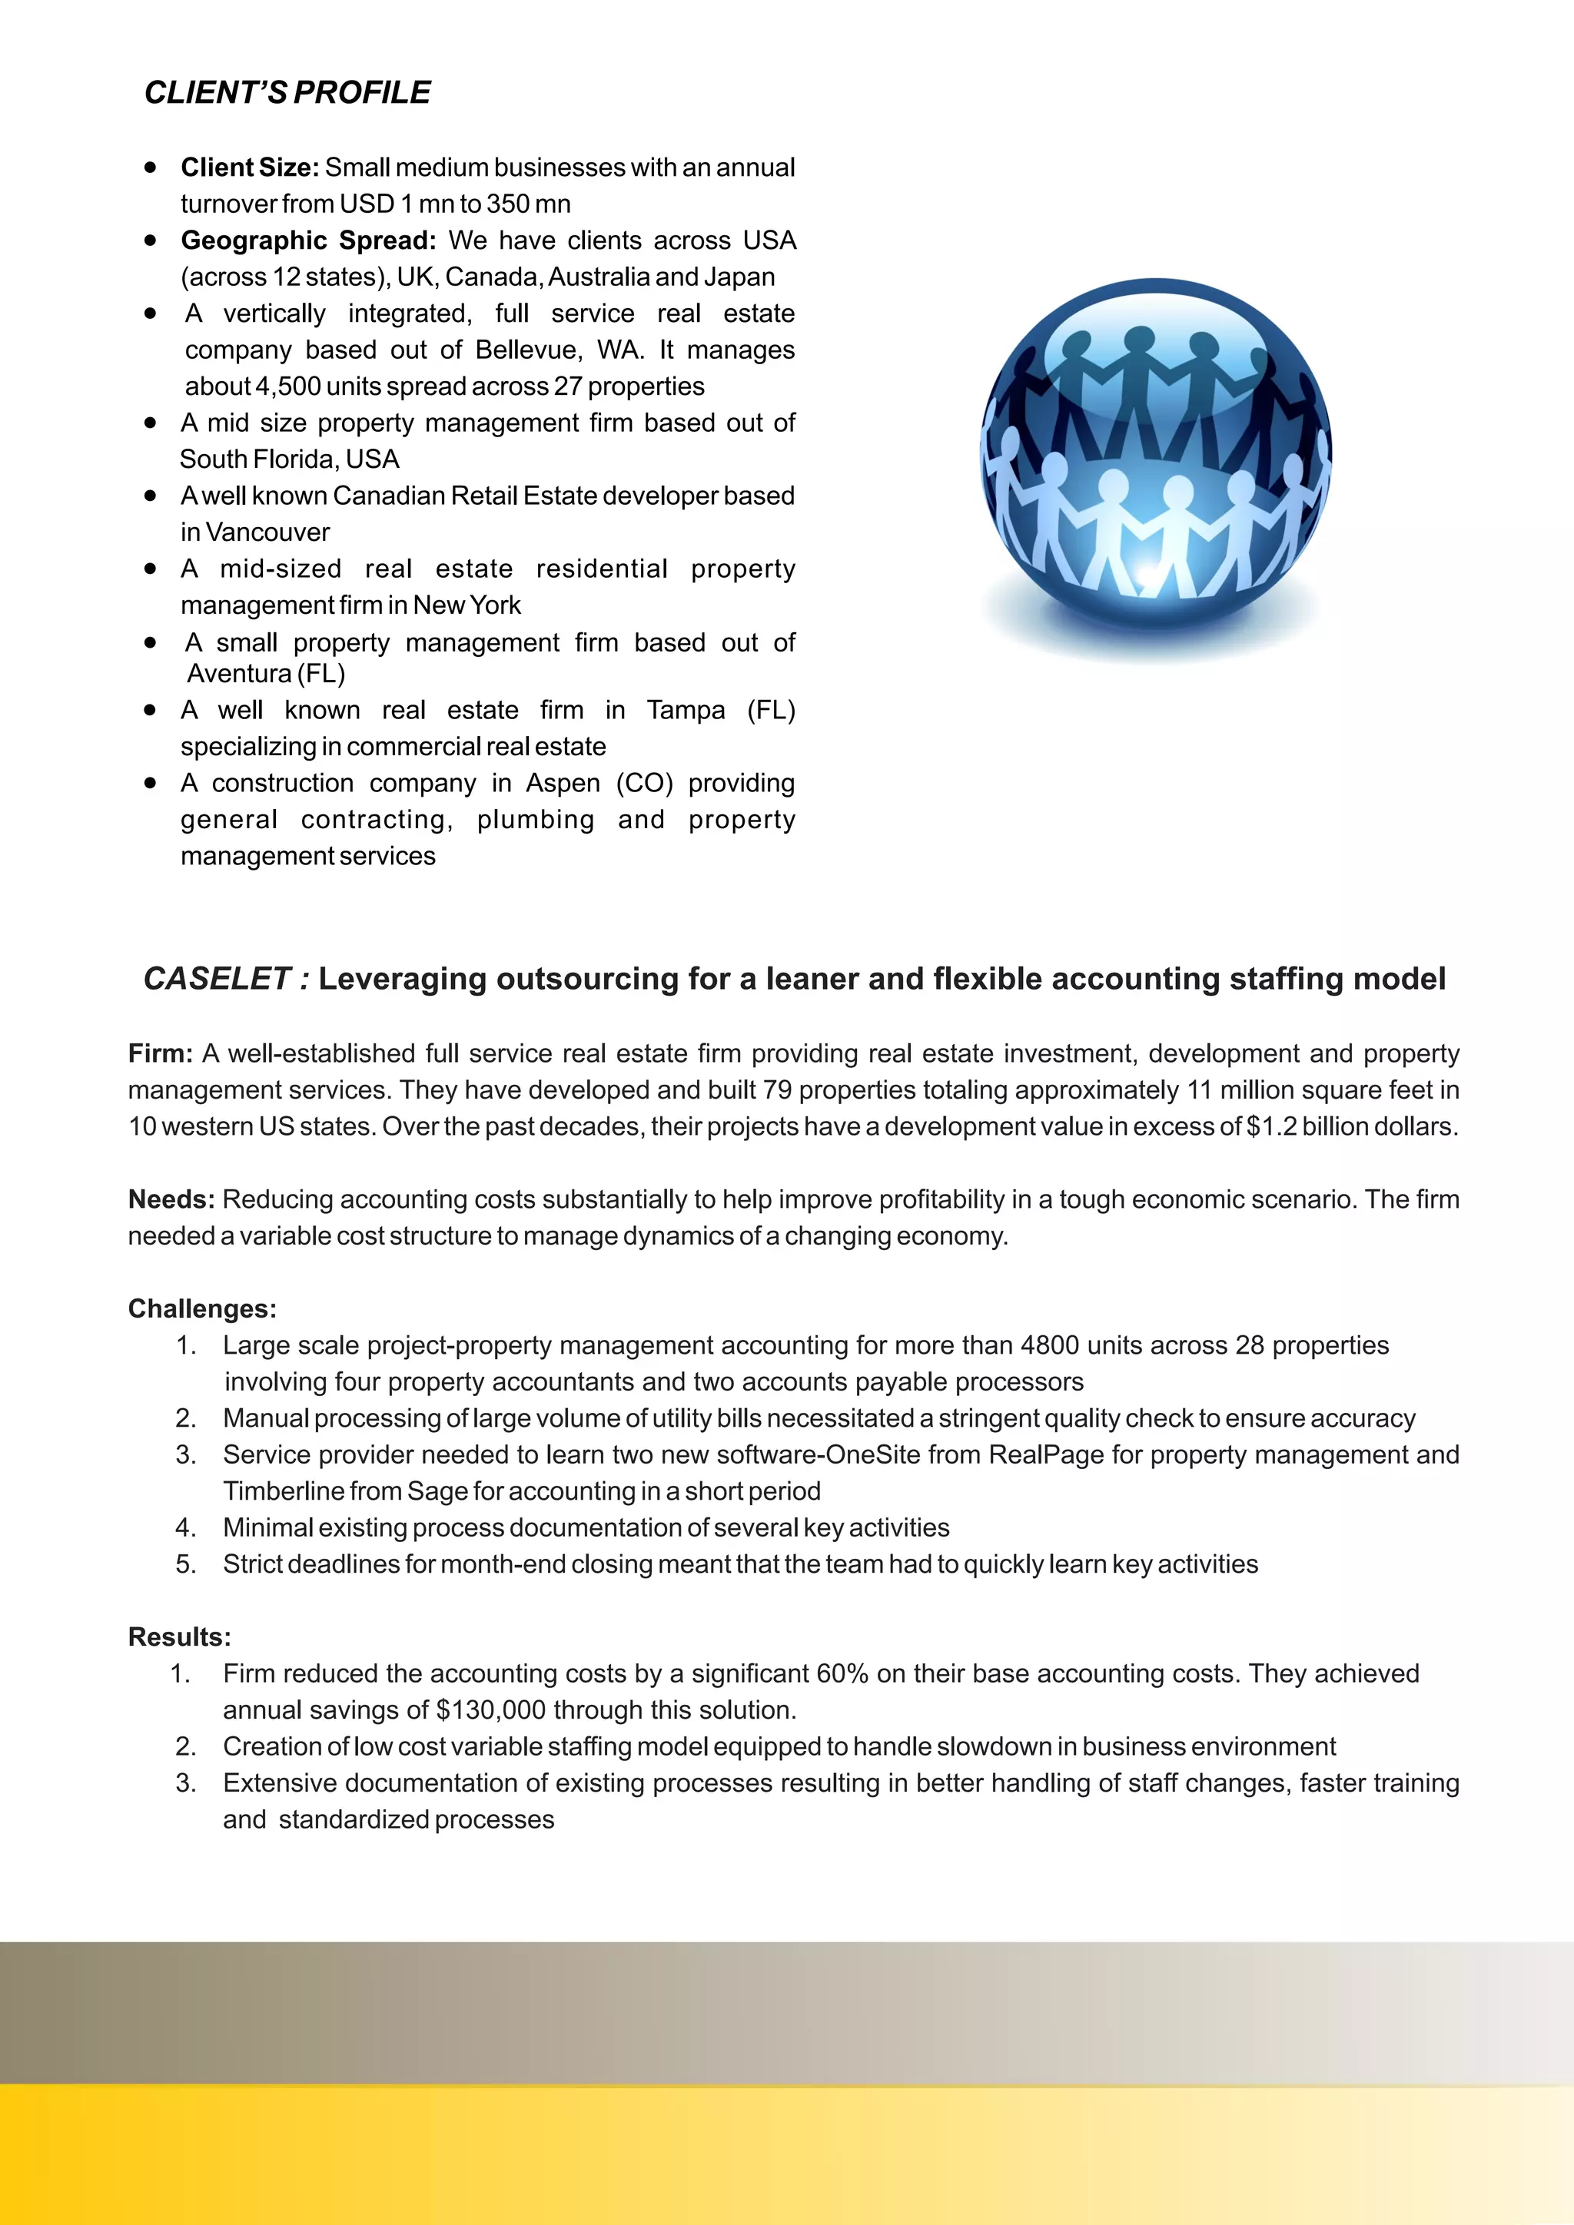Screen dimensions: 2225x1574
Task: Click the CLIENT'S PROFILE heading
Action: click(287, 93)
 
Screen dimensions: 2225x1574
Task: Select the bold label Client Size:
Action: click(249, 167)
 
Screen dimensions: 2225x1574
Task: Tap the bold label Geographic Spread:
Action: click(308, 240)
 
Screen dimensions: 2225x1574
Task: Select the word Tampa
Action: click(686, 711)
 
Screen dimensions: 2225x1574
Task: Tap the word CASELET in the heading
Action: click(216, 979)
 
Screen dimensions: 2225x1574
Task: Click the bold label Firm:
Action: click(160, 1053)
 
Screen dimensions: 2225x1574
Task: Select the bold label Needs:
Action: click(171, 1200)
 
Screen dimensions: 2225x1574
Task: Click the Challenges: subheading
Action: click(201, 1309)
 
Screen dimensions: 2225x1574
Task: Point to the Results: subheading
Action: click(179, 1638)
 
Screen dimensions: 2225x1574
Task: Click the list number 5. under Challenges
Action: click(185, 1564)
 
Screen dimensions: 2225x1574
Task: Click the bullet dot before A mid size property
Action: click(150, 423)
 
